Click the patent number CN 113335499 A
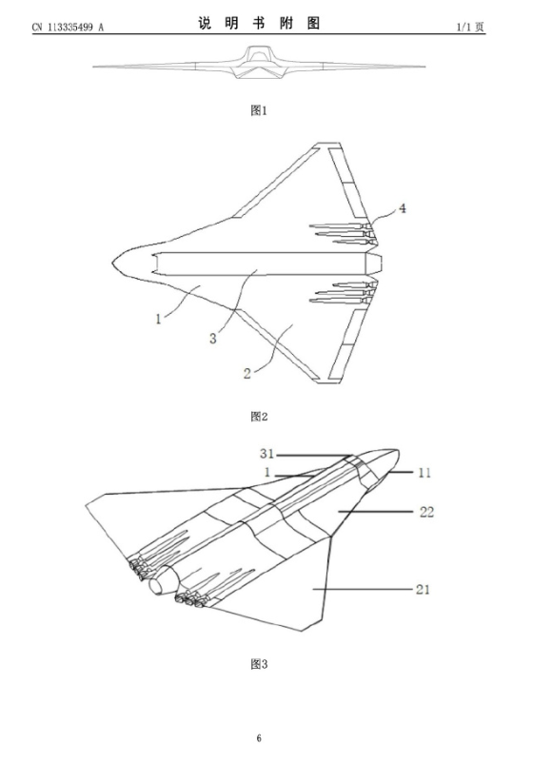[x=69, y=28]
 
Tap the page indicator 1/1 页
[x=470, y=27]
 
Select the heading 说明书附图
[x=259, y=23]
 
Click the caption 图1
[x=259, y=110]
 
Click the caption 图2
[x=259, y=417]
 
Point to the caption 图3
[x=259, y=664]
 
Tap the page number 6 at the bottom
[x=259, y=738]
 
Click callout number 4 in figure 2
[x=403, y=208]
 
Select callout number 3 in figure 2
[x=212, y=339]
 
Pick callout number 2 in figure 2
[x=247, y=374]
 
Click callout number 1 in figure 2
[x=158, y=320]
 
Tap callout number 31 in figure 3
[x=267, y=454]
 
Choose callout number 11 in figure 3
[x=424, y=473]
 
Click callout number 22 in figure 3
[x=426, y=512]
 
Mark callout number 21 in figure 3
[x=424, y=590]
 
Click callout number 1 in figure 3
[x=267, y=473]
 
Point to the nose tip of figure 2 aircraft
[x=112, y=263]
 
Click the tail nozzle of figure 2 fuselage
[x=374, y=263]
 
